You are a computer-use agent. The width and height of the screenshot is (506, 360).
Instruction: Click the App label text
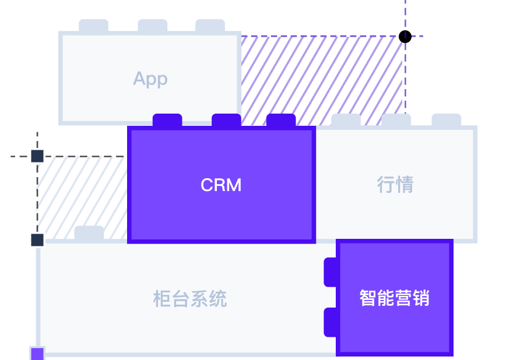150,79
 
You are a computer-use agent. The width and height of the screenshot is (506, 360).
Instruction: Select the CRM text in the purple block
221,185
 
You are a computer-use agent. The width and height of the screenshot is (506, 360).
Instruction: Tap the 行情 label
395,185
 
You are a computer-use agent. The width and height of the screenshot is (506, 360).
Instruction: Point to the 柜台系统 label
190,299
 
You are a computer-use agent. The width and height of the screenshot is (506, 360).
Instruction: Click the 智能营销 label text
395,298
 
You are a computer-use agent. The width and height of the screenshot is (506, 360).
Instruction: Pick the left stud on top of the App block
93,26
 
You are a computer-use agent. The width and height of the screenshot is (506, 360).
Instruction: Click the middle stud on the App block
153,26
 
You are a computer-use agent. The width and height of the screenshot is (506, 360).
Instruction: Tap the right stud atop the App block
210,26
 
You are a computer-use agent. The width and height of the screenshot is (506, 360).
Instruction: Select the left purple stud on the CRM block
167,120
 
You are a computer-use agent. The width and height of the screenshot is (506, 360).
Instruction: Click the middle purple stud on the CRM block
226,120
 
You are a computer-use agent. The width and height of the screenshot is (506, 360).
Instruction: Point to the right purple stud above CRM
281,120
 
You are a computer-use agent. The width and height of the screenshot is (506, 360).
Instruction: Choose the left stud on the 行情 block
346,120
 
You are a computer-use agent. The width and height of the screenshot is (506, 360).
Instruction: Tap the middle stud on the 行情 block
396,120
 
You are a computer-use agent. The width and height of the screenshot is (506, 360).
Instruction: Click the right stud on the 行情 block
447,120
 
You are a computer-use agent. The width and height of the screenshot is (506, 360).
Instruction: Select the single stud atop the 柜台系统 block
89,232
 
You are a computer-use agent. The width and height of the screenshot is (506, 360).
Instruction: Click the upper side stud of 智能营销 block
331,272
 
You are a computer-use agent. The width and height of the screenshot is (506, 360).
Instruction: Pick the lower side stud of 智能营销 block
331,322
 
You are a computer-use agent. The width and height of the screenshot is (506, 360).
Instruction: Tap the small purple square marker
37,354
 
